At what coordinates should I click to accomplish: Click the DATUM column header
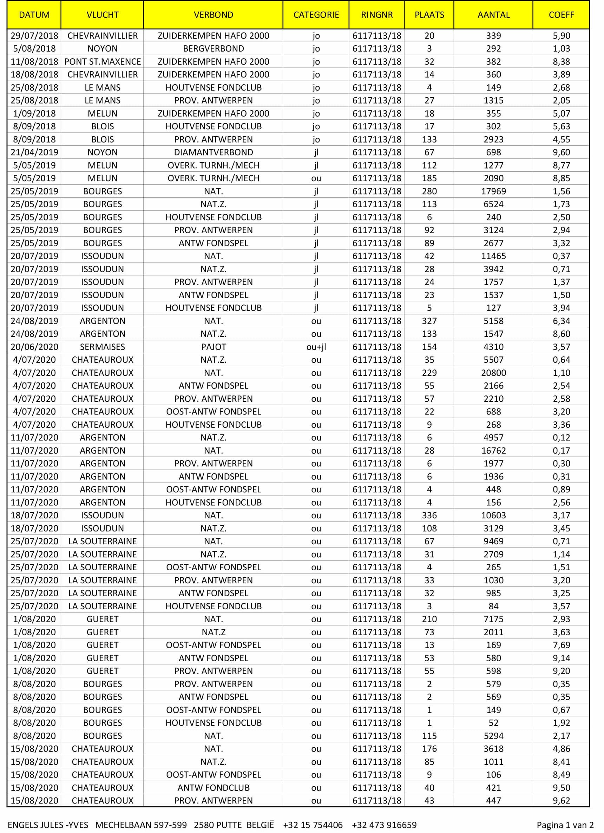tap(34, 15)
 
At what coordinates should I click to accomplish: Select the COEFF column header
tap(561, 15)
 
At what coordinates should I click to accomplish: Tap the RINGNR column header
tap(377, 15)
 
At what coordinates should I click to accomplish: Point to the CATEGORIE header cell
tap(316, 15)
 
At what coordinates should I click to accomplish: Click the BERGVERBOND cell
tap(213, 48)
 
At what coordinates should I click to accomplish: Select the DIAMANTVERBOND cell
tap(213, 152)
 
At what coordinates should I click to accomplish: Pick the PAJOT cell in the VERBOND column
tap(213, 347)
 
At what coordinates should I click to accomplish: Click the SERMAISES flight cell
tap(103, 347)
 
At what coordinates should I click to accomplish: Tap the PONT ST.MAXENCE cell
tap(103, 61)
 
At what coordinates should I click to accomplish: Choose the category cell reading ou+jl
tap(316, 347)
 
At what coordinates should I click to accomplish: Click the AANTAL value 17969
tap(493, 191)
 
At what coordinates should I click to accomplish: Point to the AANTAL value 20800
tap(493, 373)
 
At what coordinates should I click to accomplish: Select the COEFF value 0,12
tap(561, 438)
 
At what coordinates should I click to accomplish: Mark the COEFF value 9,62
tap(561, 800)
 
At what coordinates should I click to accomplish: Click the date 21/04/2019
tap(34, 152)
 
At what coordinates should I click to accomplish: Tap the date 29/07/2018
tap(34, 35)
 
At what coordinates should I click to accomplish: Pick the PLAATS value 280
tap(429, 191)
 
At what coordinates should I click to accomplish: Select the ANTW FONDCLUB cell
tap(213, 787)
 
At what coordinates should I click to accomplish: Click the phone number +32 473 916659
tap(384, 825)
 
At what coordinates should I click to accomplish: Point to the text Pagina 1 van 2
tap(565, 825)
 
